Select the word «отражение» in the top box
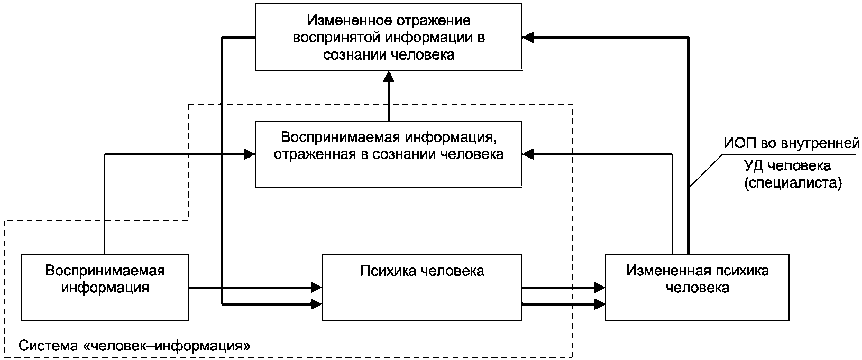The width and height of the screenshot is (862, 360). coord(432,21)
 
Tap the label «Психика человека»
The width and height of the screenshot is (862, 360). coord(422,271)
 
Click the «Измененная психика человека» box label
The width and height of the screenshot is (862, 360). coord(698,279)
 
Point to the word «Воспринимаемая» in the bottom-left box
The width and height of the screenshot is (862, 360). coord(105,271)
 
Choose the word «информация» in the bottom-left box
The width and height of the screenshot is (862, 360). coord(105,288)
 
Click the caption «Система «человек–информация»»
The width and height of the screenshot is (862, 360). coord(134,346)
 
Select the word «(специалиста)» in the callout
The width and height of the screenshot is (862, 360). coord(793,183)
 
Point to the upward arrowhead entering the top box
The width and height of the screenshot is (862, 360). coord(389,76)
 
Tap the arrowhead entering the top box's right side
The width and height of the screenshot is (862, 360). coord(528,38)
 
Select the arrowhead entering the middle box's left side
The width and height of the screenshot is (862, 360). coord(250,154)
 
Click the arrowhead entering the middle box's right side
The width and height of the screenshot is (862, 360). coord(528,154)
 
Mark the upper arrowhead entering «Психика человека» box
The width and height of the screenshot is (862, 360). coord(316,287)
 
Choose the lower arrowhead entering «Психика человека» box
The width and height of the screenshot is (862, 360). coord(316,304)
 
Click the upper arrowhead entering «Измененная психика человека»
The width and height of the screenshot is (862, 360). coord(600,287)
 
